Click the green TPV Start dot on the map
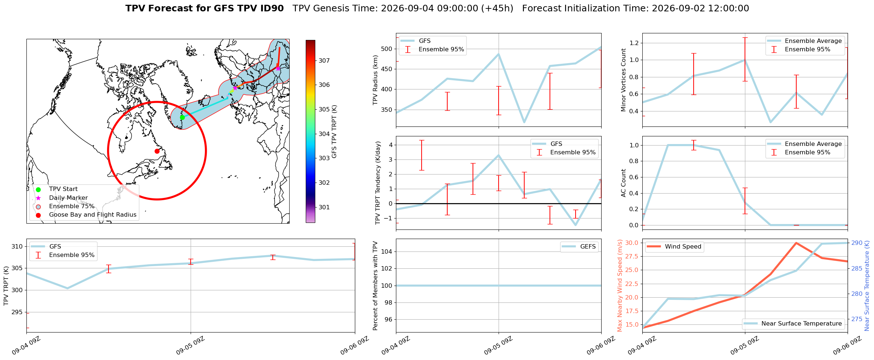pos(182,117)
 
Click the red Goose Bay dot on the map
pos(157,151)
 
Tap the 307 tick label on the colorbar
pos(324,60)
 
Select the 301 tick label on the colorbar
pos(324,207)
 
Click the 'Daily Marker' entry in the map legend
pos(69,198)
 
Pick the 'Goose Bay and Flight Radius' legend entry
pos(93,214)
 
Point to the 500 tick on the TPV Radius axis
pos(387,49)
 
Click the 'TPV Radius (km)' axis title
pos(375,80)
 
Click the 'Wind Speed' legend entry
pos(683,246)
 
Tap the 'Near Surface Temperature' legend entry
pos(801,323)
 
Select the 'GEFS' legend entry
pos(588,246)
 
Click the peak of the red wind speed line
pos(796,243)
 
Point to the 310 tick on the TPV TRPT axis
pos(17,246)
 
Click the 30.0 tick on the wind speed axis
pos(632,243)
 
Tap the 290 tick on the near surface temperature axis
pos(857,243)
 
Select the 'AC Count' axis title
pos(623,183)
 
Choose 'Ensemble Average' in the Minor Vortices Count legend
pos(813,41)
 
